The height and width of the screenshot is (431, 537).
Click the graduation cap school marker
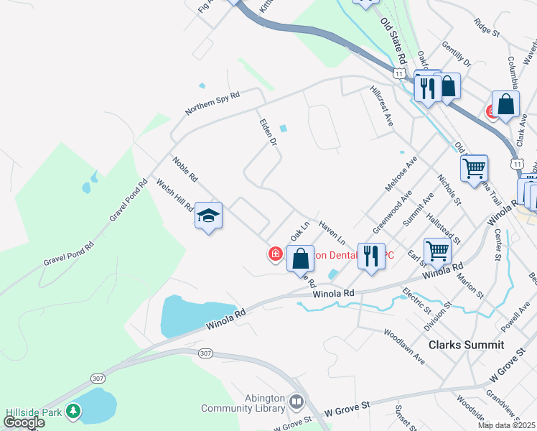point(208,215)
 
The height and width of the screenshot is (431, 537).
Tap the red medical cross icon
point(275,254)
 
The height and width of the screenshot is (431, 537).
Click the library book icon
point(297,399)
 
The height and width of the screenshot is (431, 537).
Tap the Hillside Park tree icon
point(73,411)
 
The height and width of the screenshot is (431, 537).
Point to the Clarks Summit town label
point(466,345)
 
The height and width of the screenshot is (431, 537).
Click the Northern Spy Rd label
point(212,102)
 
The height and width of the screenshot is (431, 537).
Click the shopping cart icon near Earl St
point(437,251)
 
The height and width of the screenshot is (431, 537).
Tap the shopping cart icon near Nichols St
point(474,169)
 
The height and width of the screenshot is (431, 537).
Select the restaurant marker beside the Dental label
point(371,256)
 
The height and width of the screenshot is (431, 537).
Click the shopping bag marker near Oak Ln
point(300,257)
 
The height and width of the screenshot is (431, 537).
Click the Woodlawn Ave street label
point(403,347)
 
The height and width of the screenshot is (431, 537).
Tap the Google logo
point(24,422)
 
